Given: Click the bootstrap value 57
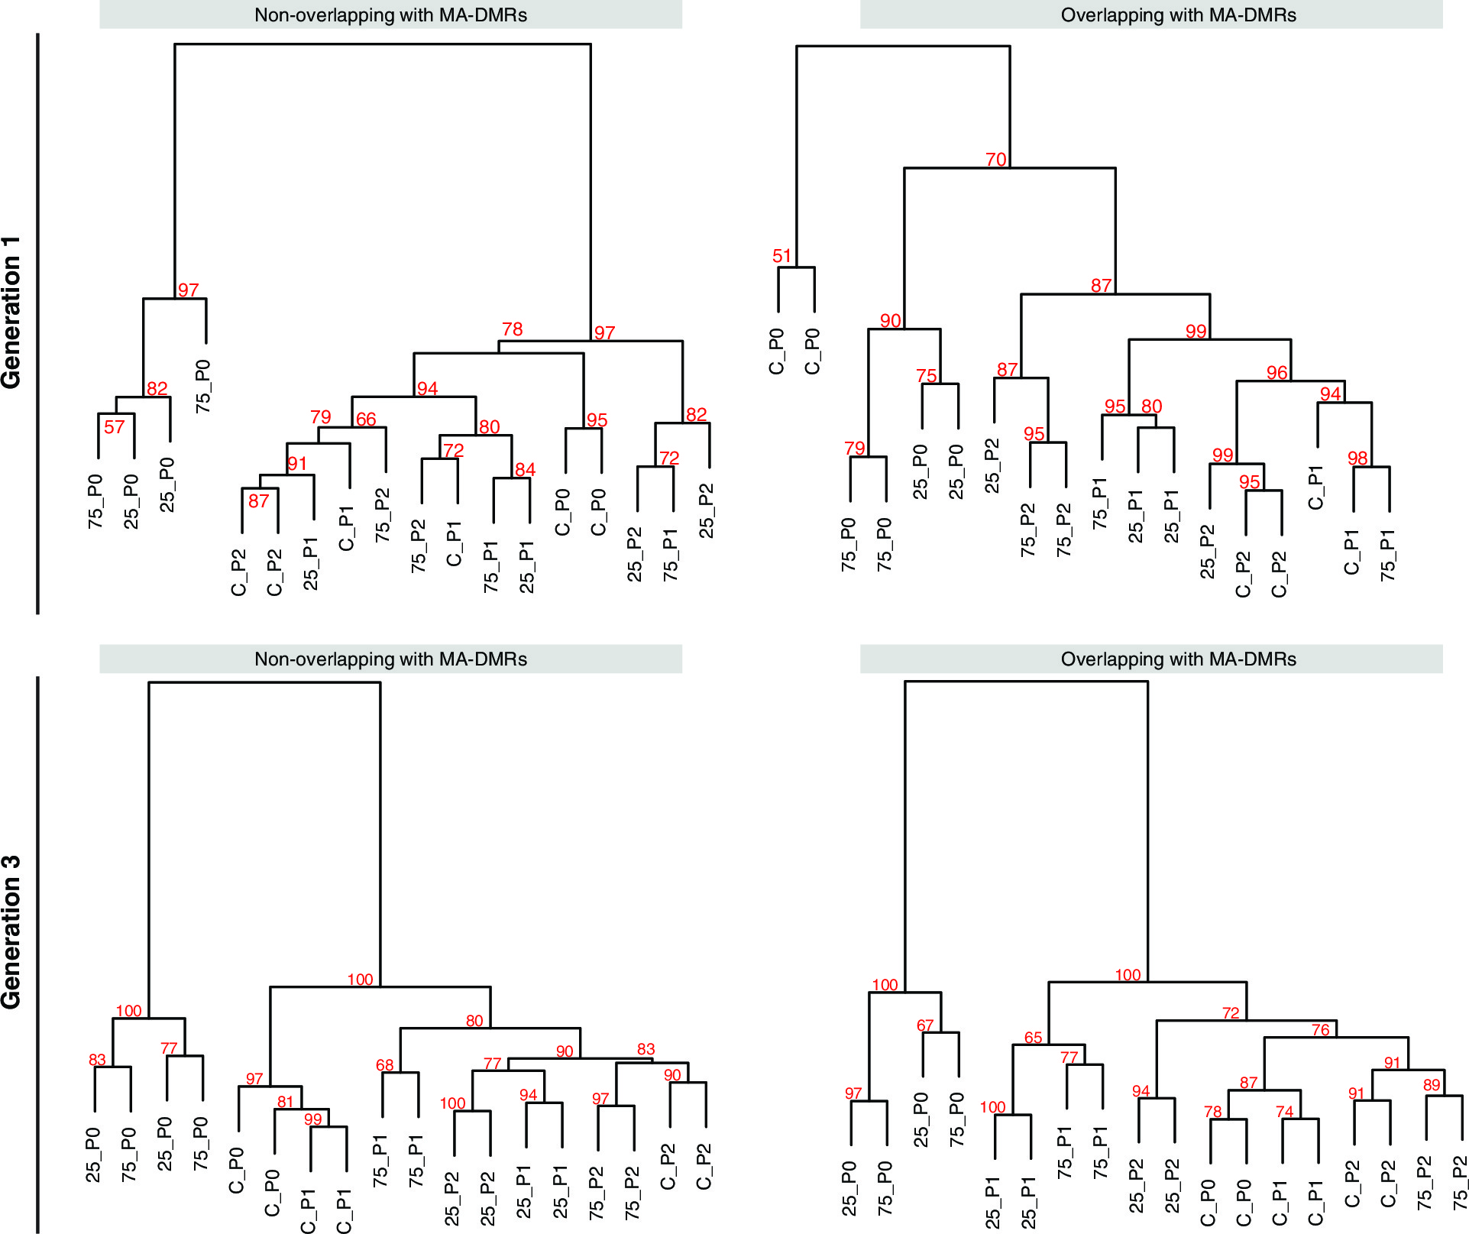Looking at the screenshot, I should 114,427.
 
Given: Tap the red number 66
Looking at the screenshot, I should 366,419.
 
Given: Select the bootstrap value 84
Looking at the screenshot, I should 525,469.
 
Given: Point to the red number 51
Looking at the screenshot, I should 781,256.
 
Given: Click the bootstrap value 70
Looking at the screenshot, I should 995,160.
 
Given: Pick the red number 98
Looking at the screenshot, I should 1357,458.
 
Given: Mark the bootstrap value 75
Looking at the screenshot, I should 926,376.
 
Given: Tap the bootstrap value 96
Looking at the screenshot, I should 1276,373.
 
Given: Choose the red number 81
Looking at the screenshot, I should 285,1102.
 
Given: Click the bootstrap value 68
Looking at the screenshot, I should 384,1065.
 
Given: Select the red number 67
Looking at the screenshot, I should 925,1025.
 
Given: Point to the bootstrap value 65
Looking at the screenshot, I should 1033,1038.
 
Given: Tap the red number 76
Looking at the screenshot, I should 1320,1030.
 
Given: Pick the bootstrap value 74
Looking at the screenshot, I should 1284,1112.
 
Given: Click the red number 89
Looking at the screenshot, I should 1431,1085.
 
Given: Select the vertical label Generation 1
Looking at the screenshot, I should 11,313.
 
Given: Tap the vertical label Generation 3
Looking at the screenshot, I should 11,932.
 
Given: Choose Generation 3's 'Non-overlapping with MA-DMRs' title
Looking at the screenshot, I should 390,659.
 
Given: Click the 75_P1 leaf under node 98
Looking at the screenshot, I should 1388,555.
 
